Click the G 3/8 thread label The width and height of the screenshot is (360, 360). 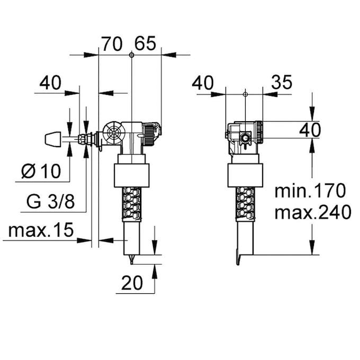click(51, 202)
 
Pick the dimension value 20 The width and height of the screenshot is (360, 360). click(132, 283)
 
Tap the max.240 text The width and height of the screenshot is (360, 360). click(313, 213)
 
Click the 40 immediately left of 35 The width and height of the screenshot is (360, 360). click(203, 83)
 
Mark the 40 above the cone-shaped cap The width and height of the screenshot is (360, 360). click(50, 83)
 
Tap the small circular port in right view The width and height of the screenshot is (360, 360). click(245, 138)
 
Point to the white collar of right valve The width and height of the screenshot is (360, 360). click(245, 175)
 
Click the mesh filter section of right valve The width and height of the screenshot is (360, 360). click(245, 204)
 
